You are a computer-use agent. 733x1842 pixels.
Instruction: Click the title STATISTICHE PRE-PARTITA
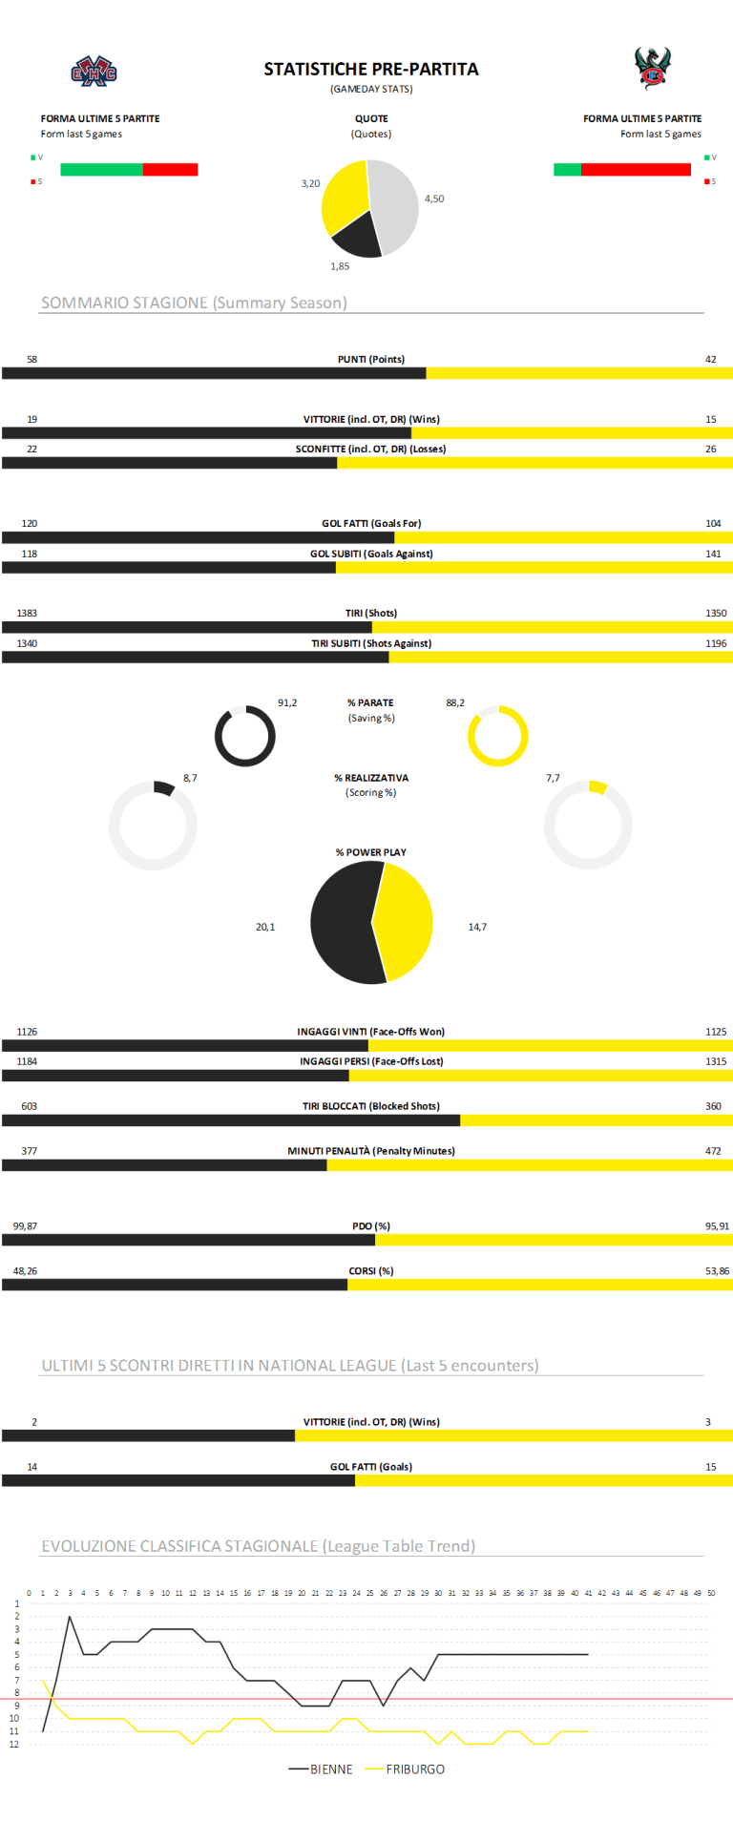coord(370,69)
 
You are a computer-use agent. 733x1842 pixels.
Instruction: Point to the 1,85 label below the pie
coord(340,266)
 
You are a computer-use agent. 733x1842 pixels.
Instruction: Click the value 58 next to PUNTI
coord(31,360)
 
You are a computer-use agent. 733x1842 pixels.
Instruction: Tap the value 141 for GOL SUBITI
coord(713,554)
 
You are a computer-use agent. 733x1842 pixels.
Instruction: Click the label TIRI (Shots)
coord(370,613)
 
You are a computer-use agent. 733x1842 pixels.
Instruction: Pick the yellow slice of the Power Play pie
coord(406,921)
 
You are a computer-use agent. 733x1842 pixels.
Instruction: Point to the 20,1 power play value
coord(265,927)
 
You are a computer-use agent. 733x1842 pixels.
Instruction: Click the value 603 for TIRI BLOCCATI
coord(29,1106)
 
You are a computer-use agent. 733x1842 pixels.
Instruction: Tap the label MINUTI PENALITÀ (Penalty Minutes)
coord(370,1151)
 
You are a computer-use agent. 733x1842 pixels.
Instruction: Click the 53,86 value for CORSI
coord(717,1271)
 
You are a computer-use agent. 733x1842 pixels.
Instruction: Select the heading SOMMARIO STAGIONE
coord(194,303)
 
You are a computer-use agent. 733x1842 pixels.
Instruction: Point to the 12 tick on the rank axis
coord(15,1745)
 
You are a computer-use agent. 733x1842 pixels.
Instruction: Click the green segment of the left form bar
coord(101,170)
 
